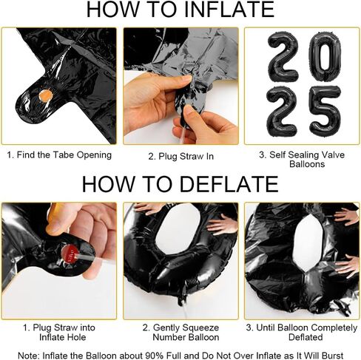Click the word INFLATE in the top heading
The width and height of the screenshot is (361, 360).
tap(229, 9)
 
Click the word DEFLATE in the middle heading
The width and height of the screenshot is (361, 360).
tap(229, 184)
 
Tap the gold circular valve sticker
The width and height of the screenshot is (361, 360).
tap(46, 95)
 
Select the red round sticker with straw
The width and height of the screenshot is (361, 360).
tap(70, 254)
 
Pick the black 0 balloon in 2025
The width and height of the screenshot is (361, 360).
tap(325, 55)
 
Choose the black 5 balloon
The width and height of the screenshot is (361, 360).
tap(325, 112)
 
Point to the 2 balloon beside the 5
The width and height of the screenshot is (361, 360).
tap(283, 112)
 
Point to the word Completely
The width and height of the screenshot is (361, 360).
tap(334, 328)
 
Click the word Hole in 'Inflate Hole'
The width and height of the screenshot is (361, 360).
tap(77, 337)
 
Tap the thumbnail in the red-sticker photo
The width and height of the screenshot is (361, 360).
tap(55, 227)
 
